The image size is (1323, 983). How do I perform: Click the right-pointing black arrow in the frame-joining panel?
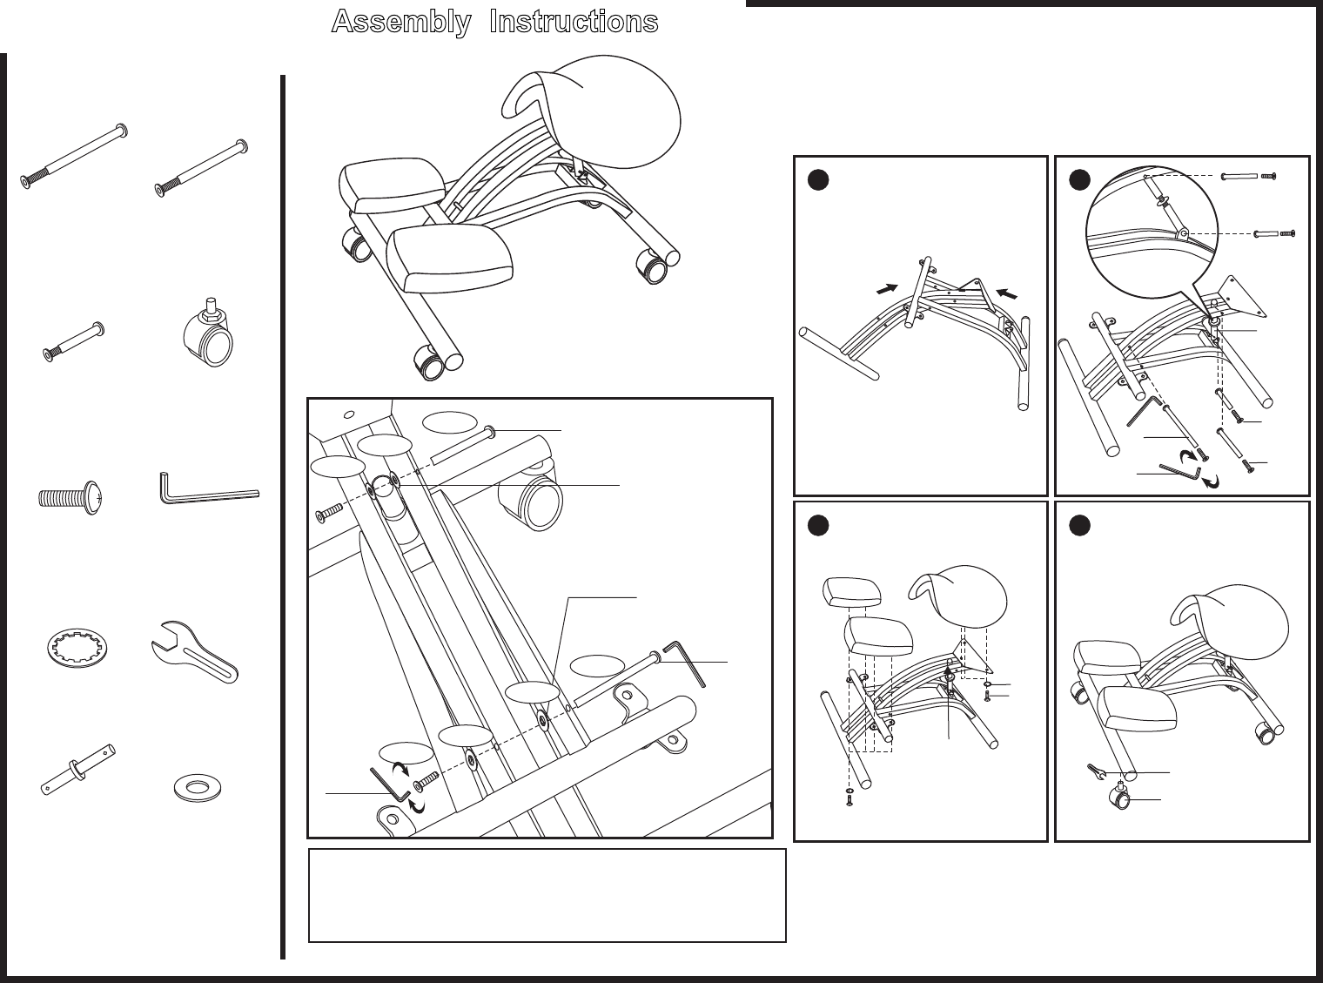[887, 290]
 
